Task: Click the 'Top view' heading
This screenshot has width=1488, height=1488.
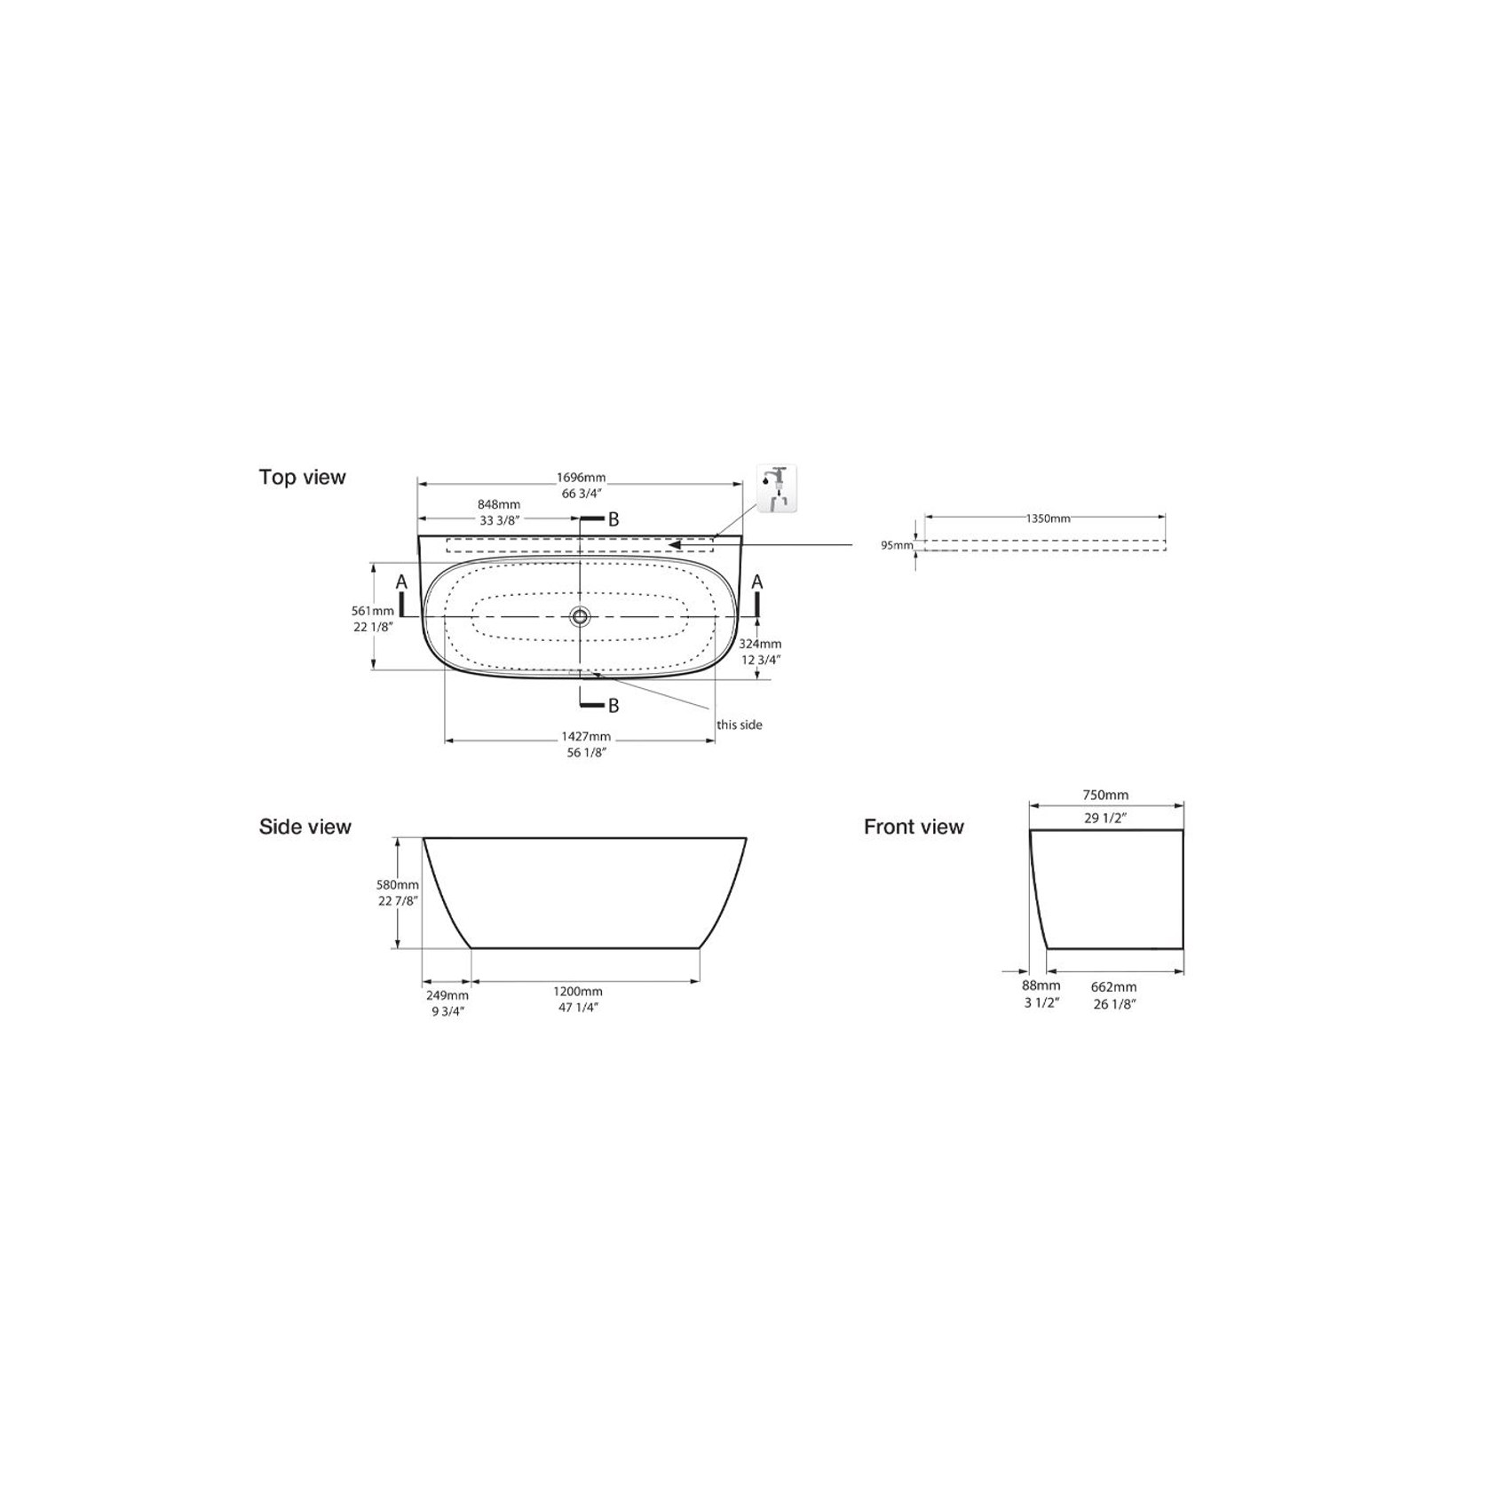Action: tap(302, 477)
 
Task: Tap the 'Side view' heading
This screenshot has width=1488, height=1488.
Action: tap(305, 827)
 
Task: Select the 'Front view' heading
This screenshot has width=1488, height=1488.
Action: tap(914, 827)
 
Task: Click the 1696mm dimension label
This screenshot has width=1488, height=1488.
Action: tap(582, 479)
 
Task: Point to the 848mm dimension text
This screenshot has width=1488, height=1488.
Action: tap(498, 504)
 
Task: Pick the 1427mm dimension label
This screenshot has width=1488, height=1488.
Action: tap(586, 736)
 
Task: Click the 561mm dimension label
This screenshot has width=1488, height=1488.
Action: tap(373, 611)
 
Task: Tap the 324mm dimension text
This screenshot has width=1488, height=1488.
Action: tap(760, 644)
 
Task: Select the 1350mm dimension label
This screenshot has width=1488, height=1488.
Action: tap(1048, 518)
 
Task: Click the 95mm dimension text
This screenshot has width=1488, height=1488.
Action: tap(897, 545)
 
